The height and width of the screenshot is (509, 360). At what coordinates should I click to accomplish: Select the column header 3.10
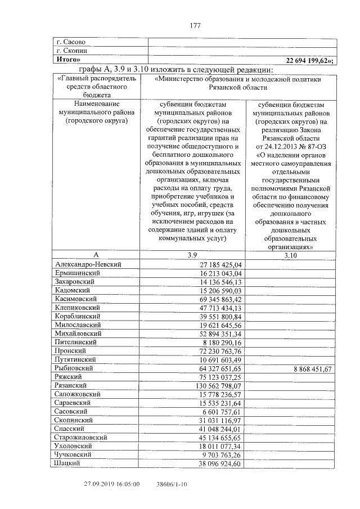click(x=290, y=255)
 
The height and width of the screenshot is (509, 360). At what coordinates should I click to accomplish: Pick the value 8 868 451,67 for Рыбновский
click(x=309, y=368)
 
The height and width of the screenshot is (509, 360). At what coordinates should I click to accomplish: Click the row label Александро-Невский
click(x=88, y=264)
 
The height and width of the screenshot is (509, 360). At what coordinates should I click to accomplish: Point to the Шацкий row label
click(x=68, y=463)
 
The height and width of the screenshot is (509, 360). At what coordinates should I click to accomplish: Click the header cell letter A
click(x=96, y=255)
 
